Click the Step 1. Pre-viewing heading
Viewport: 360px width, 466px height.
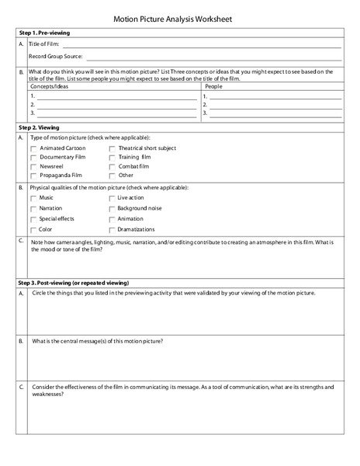tap(48, 35)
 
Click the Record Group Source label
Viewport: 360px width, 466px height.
tap(56, 57)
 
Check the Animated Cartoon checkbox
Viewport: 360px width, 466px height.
tap(33, 148)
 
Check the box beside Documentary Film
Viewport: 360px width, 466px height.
tap(33, 157)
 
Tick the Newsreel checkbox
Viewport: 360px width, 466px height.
tap(33, 166)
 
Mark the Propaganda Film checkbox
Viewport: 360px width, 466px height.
tap(33, 176)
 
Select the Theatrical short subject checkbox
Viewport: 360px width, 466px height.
tap(112, 148)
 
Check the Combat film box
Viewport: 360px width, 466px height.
tap(112, 166)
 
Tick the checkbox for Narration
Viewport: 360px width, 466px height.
tap(33, 209)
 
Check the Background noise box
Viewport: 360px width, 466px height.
tap(112, 209)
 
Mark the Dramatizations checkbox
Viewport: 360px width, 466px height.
tap(112, 229)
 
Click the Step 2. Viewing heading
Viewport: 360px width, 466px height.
tap(43, 125)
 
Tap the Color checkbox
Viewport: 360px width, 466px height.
tap(33, 229)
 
